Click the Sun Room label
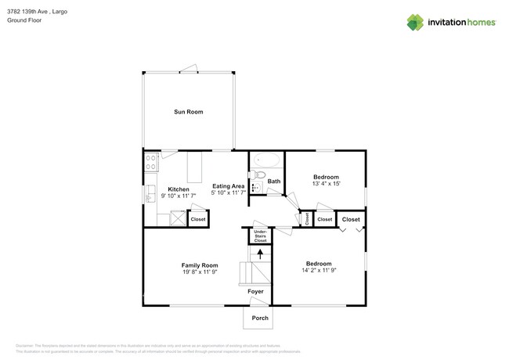pyautogui.click(x=188, y=112)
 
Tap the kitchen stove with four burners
pyautogui.click(x=150, y=162)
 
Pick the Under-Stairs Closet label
pyautogui.click(x=260, y=236)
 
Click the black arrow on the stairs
pyautogui.click(x=260, y=253)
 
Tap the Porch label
pyautogui.click(x=259, y=318)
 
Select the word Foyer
pyautogui.click(x=256, y=291)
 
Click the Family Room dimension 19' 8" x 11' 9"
pyautogui.click(x=200, y=272)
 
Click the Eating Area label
pyautogui.click(x=229, y=185)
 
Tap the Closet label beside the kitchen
pyautogui.click(x=198, y=220)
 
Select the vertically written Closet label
pyautogui.click(x=307, y=220)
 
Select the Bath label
pyautogui.click(x=273, y=182)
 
